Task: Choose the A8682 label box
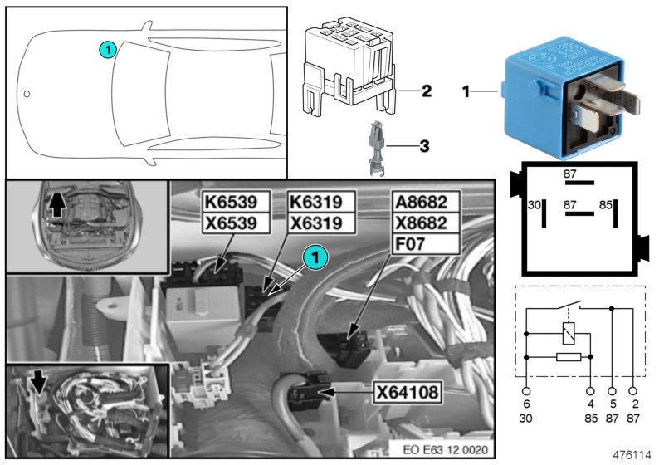pyautogui.click(x=424, y=201)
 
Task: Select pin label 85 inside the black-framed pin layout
pyautogui.click(x=607, y=203)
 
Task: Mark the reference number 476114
pyautogui.click(x=632, y=455)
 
